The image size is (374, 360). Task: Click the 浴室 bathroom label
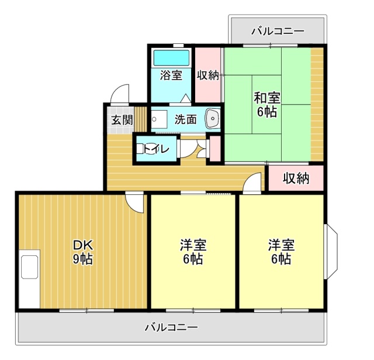pos(171,75)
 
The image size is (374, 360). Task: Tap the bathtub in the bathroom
pos(171,58)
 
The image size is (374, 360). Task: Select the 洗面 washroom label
pos(185,119)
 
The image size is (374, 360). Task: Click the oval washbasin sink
pos(212,119)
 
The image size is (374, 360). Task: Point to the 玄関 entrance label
pos(122,121)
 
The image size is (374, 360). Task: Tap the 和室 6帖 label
pos(266,104)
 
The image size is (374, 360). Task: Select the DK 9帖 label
pos(82,251)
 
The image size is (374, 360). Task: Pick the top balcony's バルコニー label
pos(278,30)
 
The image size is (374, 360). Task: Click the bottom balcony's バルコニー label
pos(171,327)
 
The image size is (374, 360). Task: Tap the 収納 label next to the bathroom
pos(207,75)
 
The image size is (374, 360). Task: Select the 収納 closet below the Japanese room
pos(296,178)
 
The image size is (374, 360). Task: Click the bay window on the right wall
pos(331,252)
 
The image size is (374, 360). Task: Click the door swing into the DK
pos(135,202)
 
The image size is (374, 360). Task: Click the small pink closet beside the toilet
pos(214,148)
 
